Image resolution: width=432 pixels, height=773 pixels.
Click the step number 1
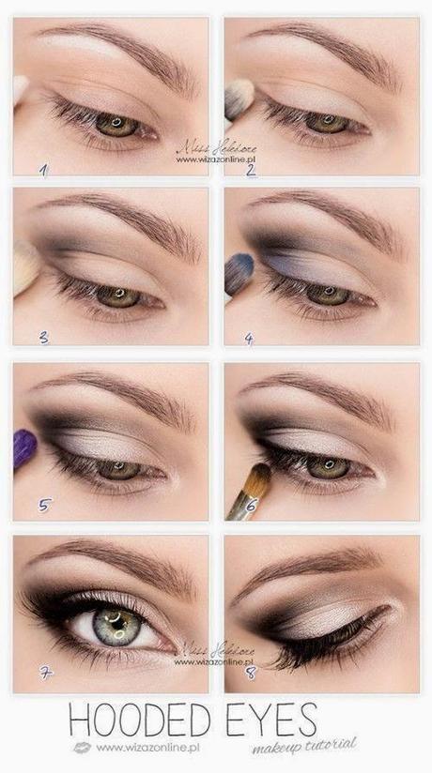click(42, 169)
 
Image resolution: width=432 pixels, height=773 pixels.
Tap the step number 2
click(252, 170)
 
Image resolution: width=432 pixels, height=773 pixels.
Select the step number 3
click(42, 337)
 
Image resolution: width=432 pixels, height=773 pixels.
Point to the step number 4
click(248, 338)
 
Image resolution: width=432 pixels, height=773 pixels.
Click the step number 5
click(42, 505)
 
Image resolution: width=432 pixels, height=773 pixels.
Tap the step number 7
click(43, 674)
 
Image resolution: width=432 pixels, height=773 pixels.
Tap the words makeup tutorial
click(305, 744)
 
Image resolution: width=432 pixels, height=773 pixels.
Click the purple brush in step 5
click(24, 449)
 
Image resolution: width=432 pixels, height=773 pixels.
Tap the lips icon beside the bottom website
click(83, 748)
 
